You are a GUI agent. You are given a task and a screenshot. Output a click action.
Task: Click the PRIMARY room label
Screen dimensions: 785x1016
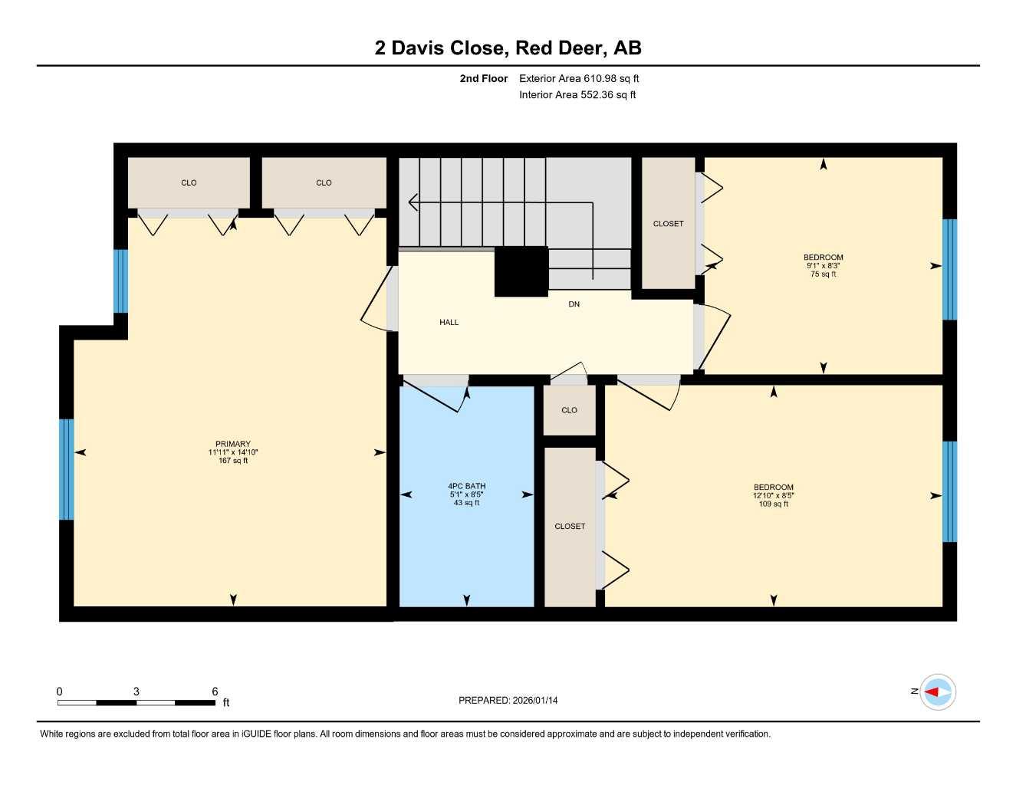pos(232,444)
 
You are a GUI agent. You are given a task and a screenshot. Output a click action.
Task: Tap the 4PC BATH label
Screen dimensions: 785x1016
pos(466,486)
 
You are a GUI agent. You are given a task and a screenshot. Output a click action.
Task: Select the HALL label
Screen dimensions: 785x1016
pos(449,323)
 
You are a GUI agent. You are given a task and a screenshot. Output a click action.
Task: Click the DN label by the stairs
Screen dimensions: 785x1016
pos(574,304)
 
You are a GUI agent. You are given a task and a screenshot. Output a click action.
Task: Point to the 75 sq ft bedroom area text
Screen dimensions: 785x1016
pos(823,274)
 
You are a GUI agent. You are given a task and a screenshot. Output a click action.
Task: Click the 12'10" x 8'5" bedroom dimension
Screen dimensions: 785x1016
pos(773,496)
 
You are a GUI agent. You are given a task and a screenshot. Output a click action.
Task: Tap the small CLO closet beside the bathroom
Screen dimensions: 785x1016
pos(569,410)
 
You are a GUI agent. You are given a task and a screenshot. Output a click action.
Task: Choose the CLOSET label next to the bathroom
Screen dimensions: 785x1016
pos(570,527)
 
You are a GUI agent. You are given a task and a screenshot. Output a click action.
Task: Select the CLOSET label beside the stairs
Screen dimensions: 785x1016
pos(668,224)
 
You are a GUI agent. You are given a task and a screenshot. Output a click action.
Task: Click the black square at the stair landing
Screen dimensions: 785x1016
pos(521,271)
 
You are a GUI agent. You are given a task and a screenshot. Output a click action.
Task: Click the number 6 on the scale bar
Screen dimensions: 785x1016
pos(215,691)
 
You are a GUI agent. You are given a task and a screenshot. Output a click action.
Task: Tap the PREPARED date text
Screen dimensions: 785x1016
pos(508,701)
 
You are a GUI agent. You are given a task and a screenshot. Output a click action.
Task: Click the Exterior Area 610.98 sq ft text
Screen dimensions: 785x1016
pos(579,78)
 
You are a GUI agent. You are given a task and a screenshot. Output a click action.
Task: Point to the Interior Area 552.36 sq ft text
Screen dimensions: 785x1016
pos(577,95)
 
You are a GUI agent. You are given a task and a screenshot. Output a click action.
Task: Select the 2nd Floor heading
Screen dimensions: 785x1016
pos(483,78)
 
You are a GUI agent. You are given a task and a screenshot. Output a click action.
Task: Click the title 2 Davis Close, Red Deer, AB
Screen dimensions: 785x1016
pos(508,48)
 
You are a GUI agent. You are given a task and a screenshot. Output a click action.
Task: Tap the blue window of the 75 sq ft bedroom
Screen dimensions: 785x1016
pos(949,269)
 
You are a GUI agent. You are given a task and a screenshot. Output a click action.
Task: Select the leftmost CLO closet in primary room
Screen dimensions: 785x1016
pos(189,182)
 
